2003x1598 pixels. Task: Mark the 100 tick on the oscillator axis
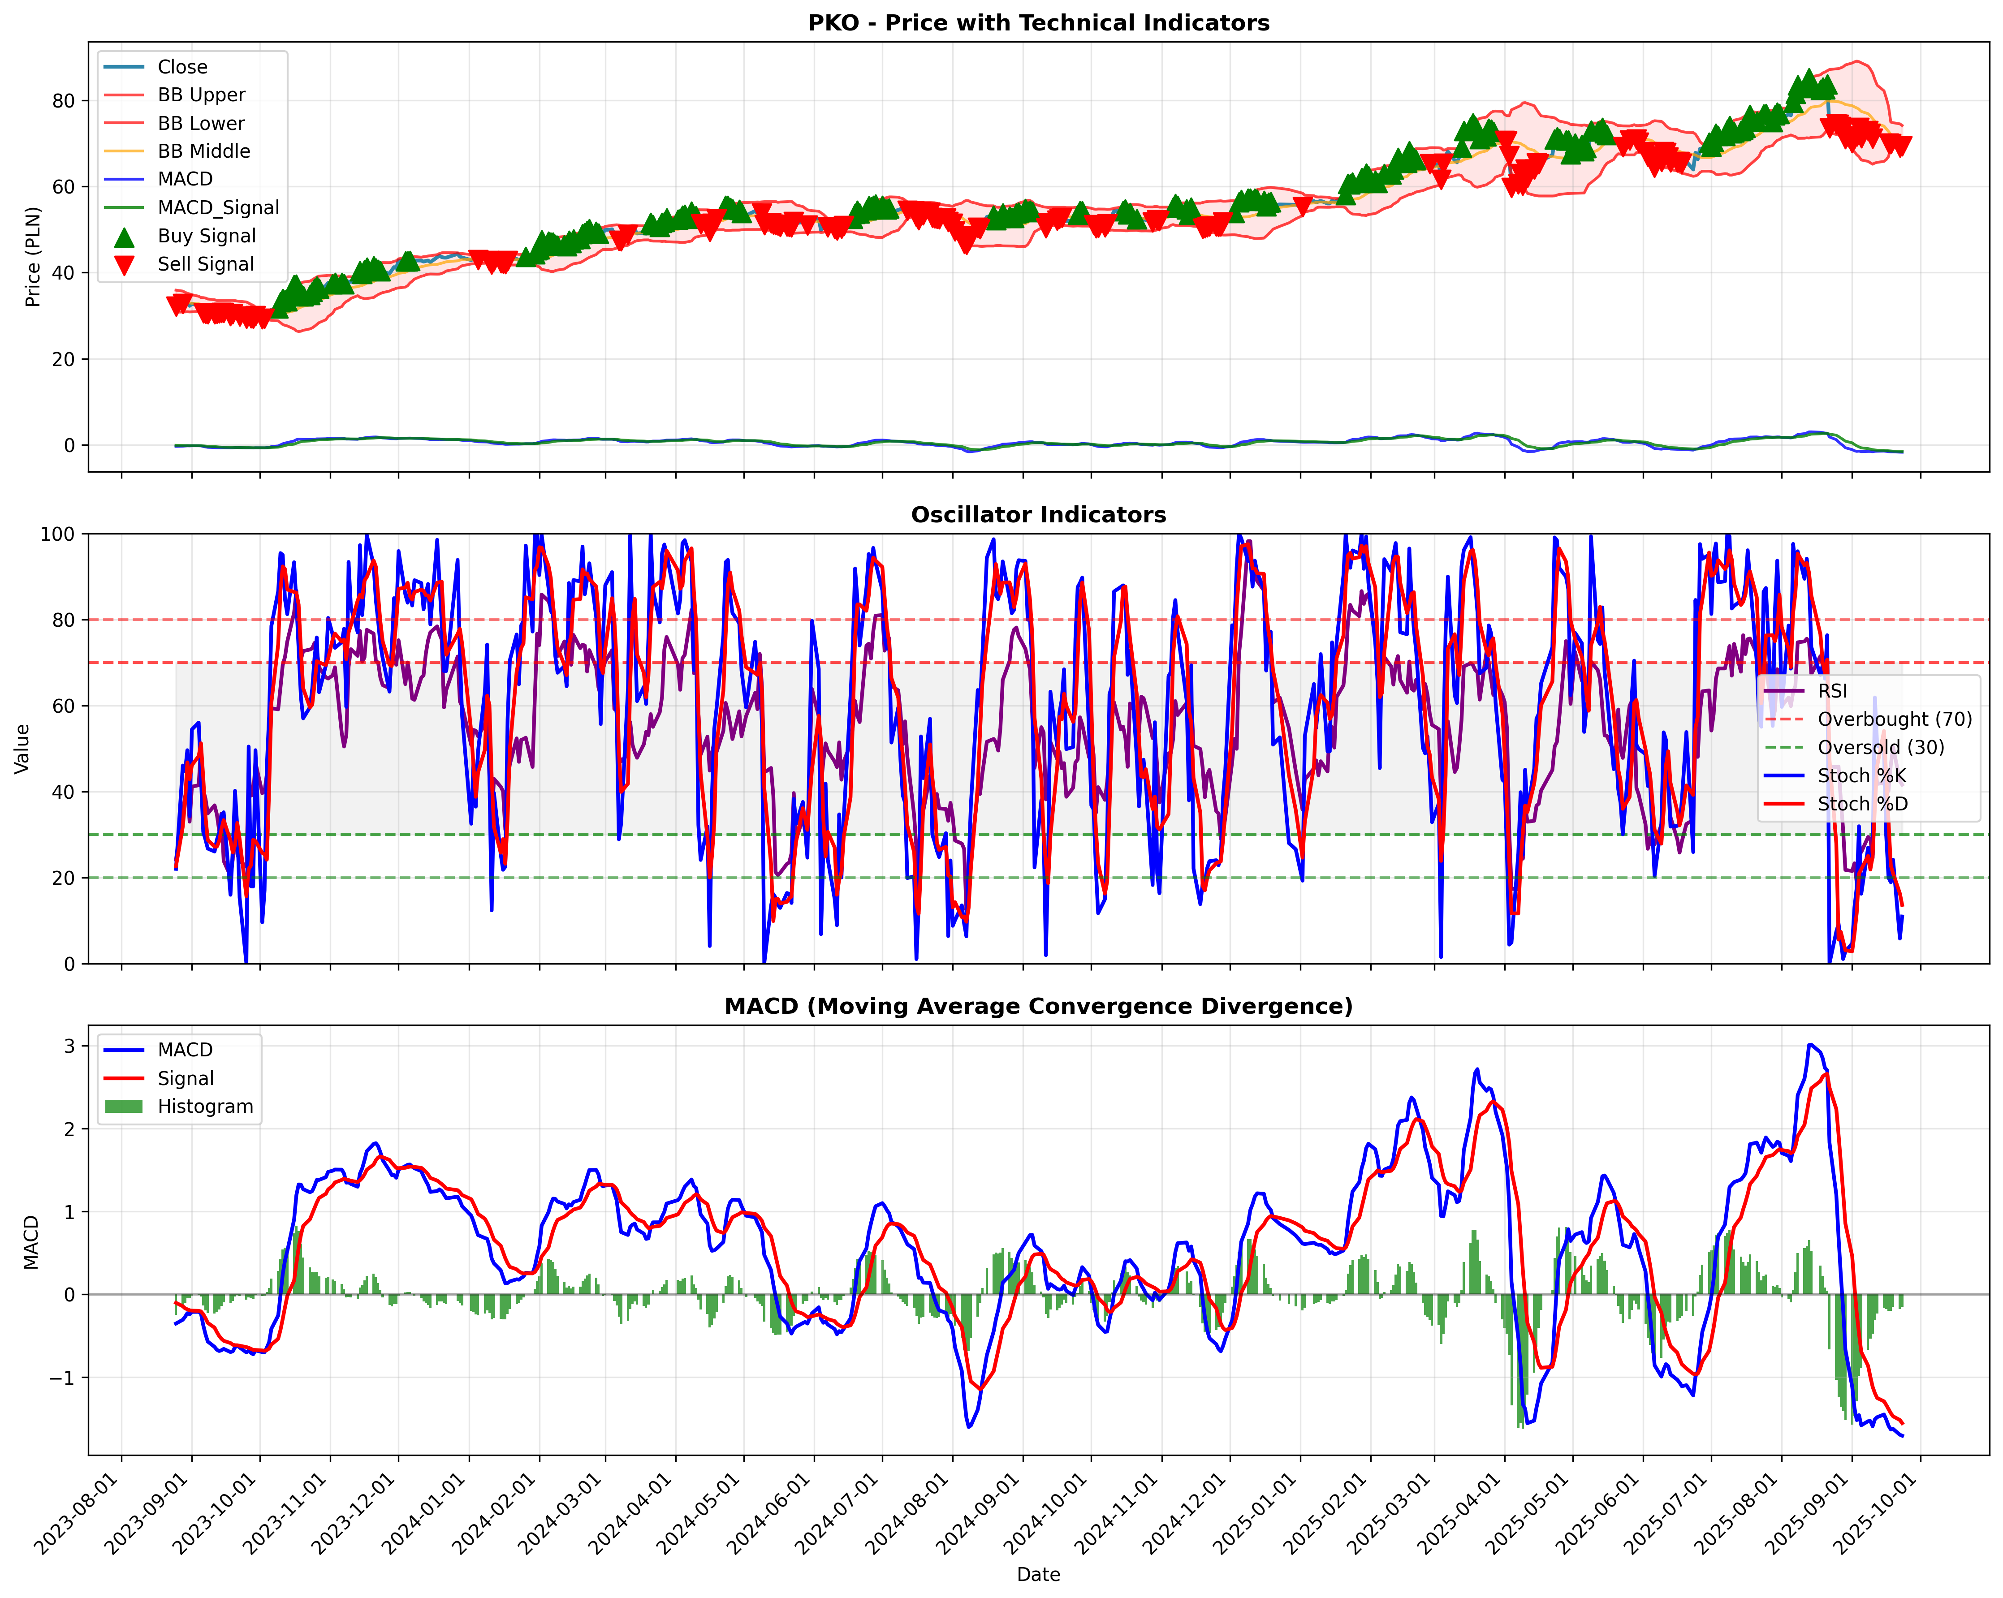tap(58, 534)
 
